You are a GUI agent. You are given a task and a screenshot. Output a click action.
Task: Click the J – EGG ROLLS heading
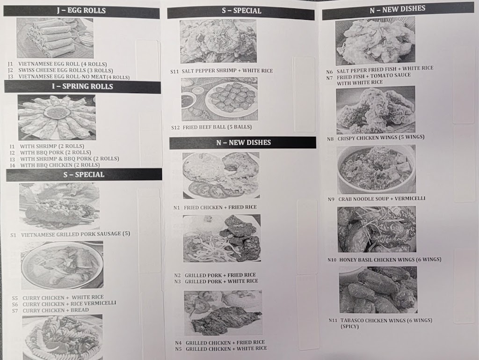click(x=81, y=11)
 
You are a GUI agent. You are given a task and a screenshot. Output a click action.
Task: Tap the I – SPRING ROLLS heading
click(x=82, y=87)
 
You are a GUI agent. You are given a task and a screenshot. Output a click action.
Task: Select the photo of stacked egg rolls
click(x=55, y=38)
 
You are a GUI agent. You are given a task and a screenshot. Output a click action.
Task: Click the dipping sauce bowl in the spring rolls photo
click(x=57, y=111)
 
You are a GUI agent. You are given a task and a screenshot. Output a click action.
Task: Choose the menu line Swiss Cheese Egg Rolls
click(x=65, y=70)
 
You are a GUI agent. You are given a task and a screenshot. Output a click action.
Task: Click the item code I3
click(x=12, y=159)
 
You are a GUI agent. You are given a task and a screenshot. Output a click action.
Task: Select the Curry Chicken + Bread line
click(x=56, y=310)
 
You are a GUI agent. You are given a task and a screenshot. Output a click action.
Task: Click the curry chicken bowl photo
click(x=62, y=265)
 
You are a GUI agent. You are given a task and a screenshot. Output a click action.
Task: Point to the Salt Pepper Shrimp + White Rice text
click(x=227, y=71)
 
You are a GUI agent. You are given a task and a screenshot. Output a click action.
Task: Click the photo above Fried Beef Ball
click(x=219, y=99)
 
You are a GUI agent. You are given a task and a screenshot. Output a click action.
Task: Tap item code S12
click(x=175, y=127)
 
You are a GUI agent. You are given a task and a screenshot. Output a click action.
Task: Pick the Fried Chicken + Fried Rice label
click(x=220, y=207)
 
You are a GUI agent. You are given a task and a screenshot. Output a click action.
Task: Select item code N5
click(x=178, y=349)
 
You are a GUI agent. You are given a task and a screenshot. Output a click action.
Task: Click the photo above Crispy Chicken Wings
click(x=376, y=110)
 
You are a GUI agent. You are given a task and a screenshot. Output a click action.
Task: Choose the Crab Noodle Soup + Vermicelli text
click(x=382, y=199)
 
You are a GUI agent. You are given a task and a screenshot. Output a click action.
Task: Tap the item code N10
click(x=332, y=260)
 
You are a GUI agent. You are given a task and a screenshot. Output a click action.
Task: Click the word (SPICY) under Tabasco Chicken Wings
click(x=349, y=327)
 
